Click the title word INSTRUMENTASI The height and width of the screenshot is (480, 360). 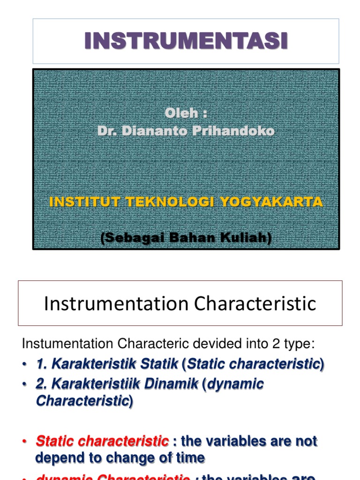coord(186,41)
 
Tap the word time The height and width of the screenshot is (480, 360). coord(186,458)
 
